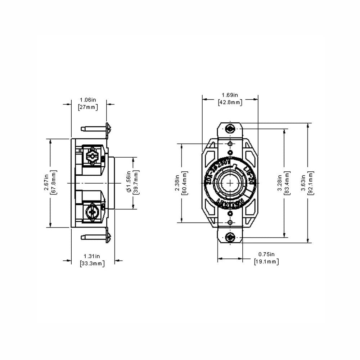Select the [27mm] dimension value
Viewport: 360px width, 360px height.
click(88, 107)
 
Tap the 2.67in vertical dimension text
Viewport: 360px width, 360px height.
click(46, 183)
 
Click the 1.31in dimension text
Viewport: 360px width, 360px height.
click(92, 256)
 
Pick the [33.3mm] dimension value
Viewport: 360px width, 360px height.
click(92, 263)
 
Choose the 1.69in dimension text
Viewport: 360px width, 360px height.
click(230, 95)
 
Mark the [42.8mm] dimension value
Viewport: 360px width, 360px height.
click(230, 102)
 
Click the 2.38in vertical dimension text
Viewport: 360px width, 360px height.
click(177, 183)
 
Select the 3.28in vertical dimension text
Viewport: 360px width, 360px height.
click(280, 183)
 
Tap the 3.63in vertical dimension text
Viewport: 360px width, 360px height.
click(303, 183)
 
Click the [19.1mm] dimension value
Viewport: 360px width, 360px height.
click(266, 262)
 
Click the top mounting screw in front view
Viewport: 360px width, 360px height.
click(230, 128)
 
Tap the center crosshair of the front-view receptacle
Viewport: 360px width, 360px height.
click(230, 183)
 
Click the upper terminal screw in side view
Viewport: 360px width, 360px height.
click(93, 157)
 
